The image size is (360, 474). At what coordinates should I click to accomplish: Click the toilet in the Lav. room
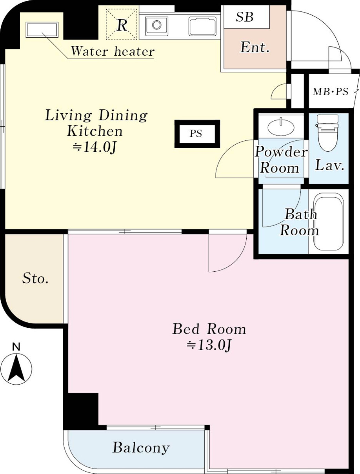pyautogui.click(x=327, y=132)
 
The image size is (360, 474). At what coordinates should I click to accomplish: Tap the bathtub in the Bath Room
pyautogui.click(x=328, y=222)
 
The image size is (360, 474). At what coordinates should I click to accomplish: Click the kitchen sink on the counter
pyautogui.click(x=156, y=26)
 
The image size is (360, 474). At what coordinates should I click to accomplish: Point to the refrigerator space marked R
pyautogui.click(x=122, y=24)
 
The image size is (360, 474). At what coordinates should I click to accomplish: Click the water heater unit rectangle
pyautogui.click(x=42, y=30)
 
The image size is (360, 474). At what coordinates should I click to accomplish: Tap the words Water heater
pyautogui.click(x=113, y=51)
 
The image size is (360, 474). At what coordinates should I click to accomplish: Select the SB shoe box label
pyautogui.click(x=244, y=17)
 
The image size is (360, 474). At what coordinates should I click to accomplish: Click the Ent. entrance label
pyautogui.click(x=255, y=47)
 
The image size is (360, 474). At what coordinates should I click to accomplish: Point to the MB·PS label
pyautogui.click(x=331, y=92)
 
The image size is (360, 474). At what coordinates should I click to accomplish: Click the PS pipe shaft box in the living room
pyautogui.click(x=197, y=134)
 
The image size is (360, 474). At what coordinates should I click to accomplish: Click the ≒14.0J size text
pyautogui.click(x=95, y=147)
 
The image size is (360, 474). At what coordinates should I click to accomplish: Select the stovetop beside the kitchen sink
pyautogui.click(x=203, y=26)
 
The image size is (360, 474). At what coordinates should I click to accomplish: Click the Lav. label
pyautogui.click(x=329, y=165)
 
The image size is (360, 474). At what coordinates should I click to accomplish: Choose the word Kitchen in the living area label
pyautogui.click(x=95, y=131)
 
